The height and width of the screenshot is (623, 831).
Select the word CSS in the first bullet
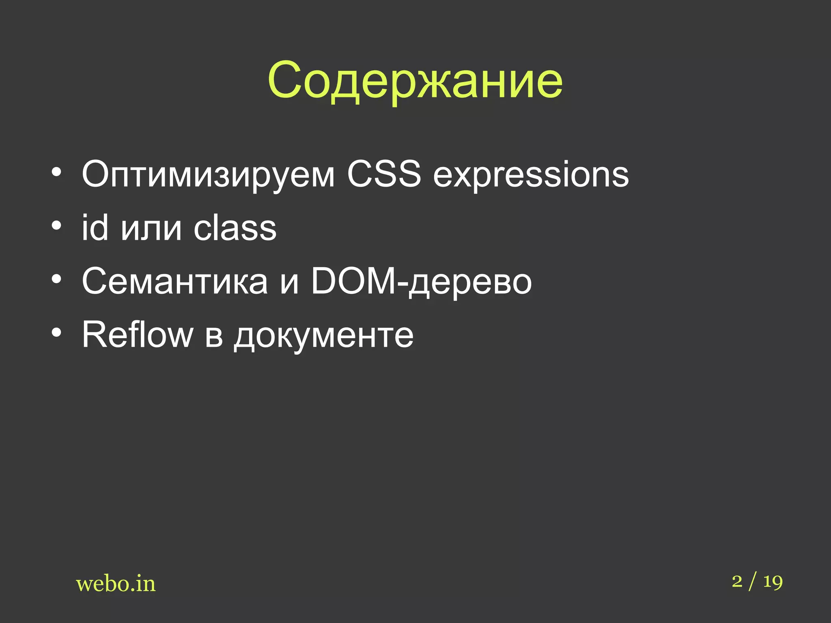(x=384, y=174)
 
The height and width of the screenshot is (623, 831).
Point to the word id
(x=95, y=228)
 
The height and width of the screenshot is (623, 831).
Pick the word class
(x=235, y=228)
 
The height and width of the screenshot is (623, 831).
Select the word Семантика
(x=175, y=281)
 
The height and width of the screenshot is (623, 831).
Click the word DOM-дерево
(x=421, y=281)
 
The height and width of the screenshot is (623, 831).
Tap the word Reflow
(x=137, y=335)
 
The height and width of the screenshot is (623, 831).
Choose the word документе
(x=323, y=336)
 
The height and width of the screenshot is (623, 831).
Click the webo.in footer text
(x=116, y=584)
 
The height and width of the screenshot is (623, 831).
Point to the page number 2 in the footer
(x=737, y=581)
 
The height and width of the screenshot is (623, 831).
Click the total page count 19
(x=773, y=582)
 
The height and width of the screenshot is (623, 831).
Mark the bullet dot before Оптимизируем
(x=56, y=172)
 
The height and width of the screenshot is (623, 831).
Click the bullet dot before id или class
(x=56, y=226)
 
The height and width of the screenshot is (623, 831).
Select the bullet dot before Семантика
(x=56, y=279)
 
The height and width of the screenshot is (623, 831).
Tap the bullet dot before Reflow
(x=56, y=333)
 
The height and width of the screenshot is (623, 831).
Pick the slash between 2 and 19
(x=753, y=582)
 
